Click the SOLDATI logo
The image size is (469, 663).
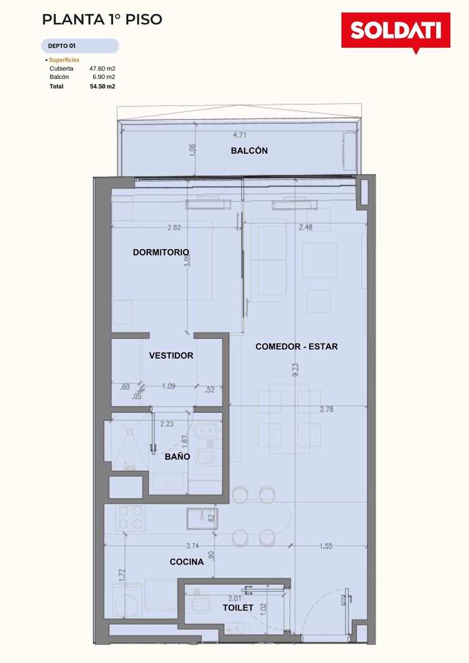tap(396, 32)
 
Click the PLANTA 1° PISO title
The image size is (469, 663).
tap(102, 19)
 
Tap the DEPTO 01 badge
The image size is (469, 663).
tap(80, 46)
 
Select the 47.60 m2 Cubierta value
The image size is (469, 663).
tap(102, 69)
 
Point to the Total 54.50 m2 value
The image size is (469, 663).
tap(102, 86)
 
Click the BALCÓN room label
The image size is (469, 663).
tap(249, 151)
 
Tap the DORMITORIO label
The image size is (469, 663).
tap(161, 252)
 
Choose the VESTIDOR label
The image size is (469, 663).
tap(171, 355)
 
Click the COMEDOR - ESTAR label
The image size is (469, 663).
tap(296, 346)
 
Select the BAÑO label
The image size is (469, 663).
tap(177, 456)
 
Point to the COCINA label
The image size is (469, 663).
tap(186, 562)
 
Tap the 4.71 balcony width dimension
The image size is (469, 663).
tap(239, 135)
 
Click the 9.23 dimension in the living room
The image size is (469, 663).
tap(295, 370)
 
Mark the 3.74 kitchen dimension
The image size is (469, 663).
tap(192, 545)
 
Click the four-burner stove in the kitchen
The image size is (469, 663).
tap(131, 518)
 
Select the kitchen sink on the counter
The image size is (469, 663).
tap(202, 519)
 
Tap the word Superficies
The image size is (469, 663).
tap(64, 60)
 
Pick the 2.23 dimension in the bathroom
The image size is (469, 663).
tap(167, 424)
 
